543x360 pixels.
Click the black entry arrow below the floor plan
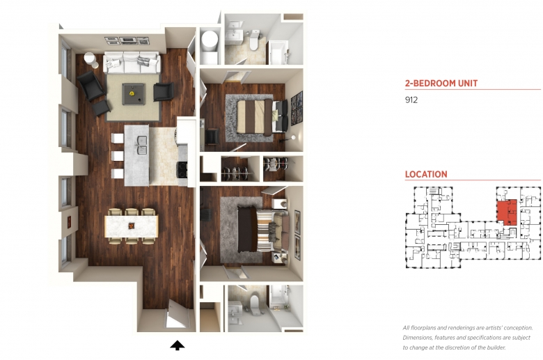[178, 345]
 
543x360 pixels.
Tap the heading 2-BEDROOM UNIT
[441, 83]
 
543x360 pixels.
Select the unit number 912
[411, 100]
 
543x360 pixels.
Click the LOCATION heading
[426, 174]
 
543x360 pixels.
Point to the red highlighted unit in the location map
[507, 212]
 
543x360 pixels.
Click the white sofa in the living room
[132, 63]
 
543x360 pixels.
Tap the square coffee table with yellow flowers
[134, 94]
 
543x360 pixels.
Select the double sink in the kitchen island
[142, 145]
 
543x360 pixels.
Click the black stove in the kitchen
[182, 170]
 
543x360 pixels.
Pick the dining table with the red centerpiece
[132, 226]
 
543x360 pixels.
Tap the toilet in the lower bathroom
[255, 305]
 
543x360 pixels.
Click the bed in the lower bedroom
[263, 229]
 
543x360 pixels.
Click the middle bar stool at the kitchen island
[117, 156]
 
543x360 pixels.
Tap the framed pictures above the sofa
[127, 40]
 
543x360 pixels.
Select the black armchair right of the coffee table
[164, 92]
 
